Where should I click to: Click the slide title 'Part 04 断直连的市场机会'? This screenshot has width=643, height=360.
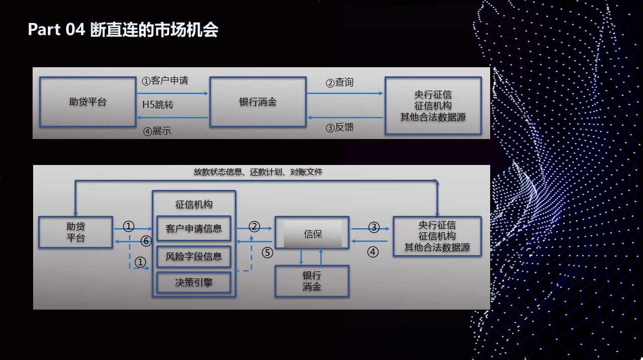pyautogui.click(x=123, y=30)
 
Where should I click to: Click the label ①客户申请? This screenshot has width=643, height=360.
pyautogui.click(x=165, y=80)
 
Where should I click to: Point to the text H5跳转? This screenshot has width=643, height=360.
pyautogui.click(x=158, y=105)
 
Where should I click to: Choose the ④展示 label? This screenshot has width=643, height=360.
pyautogui.click(x=157, y=131)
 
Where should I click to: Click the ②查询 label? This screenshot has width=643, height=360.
pyautogui.click(x=339, y=82)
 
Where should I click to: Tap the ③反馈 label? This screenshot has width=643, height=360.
pyautogui.click(x=339, y=127)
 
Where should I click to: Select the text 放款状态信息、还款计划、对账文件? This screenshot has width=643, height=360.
pyautogui.click(x=258, y=172)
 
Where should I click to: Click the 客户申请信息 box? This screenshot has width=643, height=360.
pyautogui.click(x=194, y=228)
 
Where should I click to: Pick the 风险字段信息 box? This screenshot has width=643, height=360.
pyautogui.click(x=194, y=256)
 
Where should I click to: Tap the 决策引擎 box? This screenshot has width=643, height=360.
pyautogui.click(x=194, y=283)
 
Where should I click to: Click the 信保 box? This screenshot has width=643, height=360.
pyautogui.click(x=312, y=232)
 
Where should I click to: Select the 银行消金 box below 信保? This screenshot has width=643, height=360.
pyautogui.click(x=312, y=281)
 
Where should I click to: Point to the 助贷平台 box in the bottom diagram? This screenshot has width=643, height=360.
pyautogui.click(x=75, y=232)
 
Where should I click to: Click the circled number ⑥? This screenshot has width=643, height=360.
pyautogui.click(x=146, y=241)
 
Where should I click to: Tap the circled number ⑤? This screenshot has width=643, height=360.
pyautogui.click(x=267, y=253)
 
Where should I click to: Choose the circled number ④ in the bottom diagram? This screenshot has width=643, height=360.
pyautogui.click(x=373, y=252)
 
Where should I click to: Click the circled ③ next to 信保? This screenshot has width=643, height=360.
pyautogui.click(x=374, y=228)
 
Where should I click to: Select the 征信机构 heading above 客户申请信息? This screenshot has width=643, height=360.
pyautogui.click(x=194, y=205)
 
